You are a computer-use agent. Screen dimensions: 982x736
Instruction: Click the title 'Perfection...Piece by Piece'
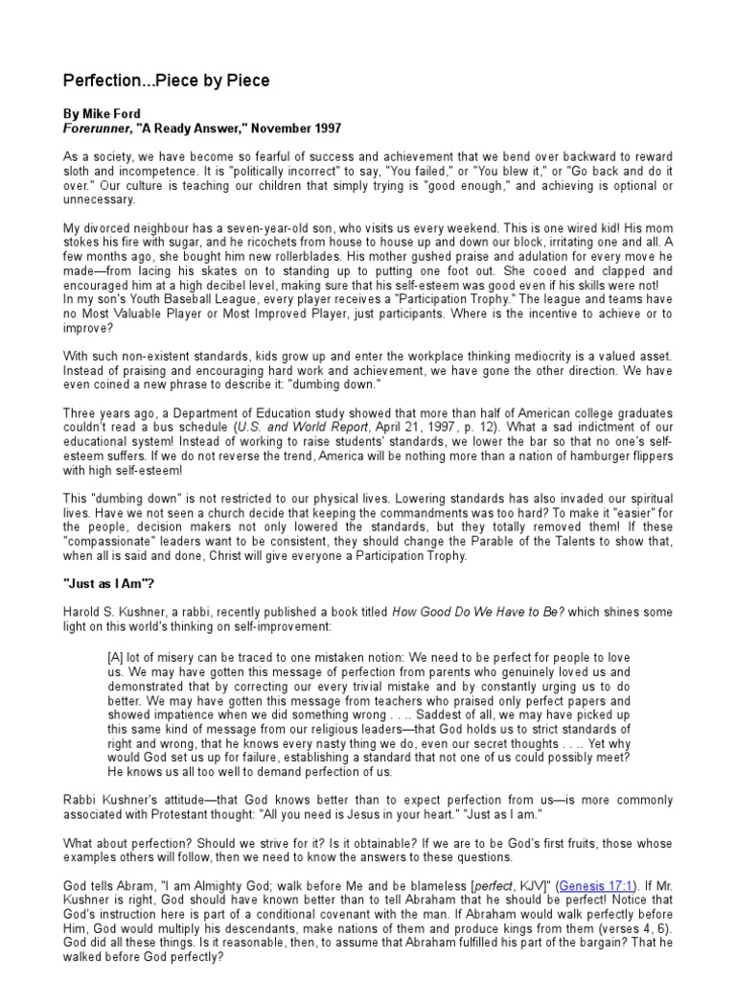coord(166,81)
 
